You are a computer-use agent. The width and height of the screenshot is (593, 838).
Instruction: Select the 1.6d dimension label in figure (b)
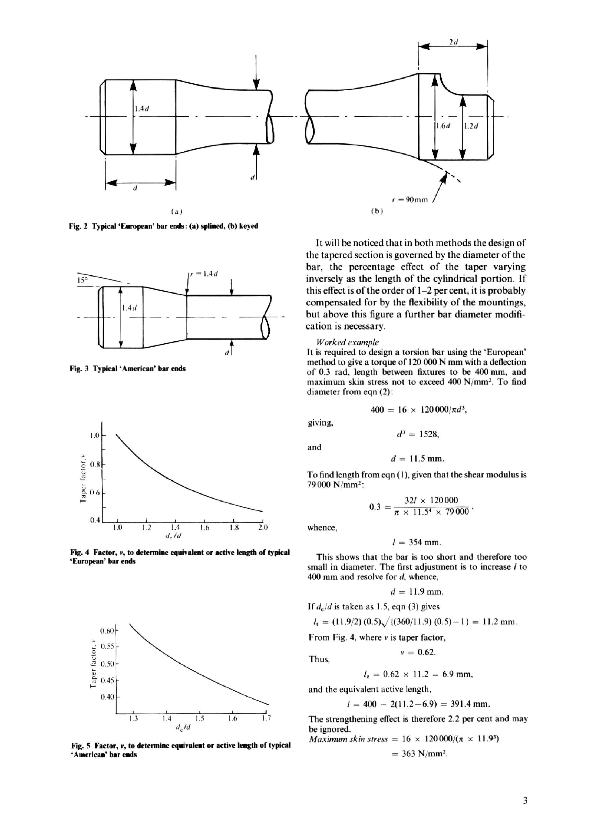pos(443,126)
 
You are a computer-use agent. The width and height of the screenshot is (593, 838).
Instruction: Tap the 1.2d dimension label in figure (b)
pos(471,126)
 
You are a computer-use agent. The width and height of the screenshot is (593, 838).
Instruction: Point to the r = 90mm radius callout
pos(409,200)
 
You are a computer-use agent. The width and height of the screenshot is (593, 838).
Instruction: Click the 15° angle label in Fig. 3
pos(83,280)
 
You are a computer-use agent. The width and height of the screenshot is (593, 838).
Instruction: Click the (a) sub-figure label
pos(176,211)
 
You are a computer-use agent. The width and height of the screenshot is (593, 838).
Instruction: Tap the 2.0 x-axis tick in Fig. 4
pos(263,527)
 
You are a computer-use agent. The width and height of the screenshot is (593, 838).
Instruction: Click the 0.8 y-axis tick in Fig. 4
pos(95,465)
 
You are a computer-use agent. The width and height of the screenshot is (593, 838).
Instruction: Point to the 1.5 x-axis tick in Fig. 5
pos(199,719)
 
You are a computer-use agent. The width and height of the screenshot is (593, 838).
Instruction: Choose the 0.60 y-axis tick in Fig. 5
pos(107,631)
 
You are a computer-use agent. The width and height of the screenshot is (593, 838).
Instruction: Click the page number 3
pos(525,801)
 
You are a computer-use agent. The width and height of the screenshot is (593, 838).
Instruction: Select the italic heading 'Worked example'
pos(347,342)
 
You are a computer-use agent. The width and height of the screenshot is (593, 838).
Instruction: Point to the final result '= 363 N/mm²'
pos(419,754)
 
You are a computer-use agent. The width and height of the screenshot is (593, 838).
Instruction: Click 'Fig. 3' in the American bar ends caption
pos(79,369)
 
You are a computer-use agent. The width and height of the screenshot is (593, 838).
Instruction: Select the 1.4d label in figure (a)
pos(142,108)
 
